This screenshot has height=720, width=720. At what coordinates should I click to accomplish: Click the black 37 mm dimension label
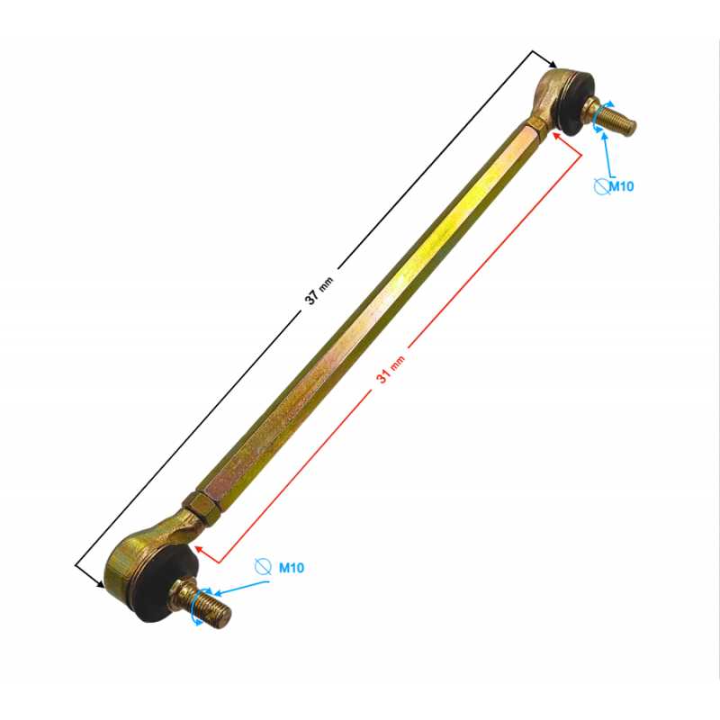[x=319, y=291]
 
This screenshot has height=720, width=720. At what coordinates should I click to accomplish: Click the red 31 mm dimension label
[x=391, y=369]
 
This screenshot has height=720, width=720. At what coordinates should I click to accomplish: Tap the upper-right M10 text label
[x=621, y=186]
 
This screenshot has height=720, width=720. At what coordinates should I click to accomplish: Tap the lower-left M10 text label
[x=292, y=568]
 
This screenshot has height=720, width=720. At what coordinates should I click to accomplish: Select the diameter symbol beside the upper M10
[x=601, y=186]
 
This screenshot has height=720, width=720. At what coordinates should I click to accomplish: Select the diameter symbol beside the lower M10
[x=263, y=567]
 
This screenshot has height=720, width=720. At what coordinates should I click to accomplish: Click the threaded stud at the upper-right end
[x=610, y=116]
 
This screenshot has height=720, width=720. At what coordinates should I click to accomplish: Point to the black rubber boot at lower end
[x=163, y=583]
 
